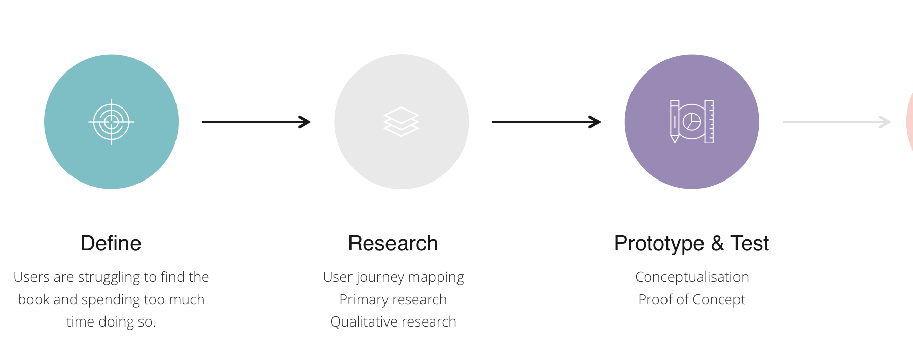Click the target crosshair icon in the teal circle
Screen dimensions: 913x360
click(111, 122)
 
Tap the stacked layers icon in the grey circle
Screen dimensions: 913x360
click(401, 122)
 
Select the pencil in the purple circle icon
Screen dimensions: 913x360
click(675, 122)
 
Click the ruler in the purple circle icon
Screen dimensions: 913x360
click(709, 122)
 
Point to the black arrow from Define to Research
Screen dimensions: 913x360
click(256, 122)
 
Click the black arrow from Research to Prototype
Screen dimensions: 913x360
click(546, 122)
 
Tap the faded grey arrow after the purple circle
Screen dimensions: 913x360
click(837, 122)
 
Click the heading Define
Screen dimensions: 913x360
click(111, 243)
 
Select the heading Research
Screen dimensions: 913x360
click(393, 243)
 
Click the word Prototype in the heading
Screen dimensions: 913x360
click(659, 244)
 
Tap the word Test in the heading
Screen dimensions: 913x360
click(750, 243)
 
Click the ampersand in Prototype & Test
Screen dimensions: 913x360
click(717, 243)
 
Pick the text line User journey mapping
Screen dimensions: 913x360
click(393, 277)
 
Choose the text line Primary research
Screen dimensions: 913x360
click(393, 300)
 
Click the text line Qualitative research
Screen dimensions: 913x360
click(393, 321)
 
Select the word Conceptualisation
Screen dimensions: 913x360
click(692, 277)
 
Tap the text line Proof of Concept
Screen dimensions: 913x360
click(692, 300)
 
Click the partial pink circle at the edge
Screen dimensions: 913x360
click(910, 122)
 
